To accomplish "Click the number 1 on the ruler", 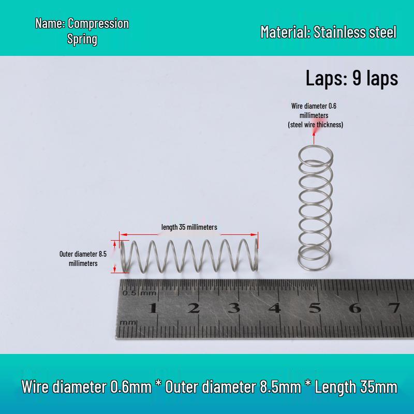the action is pos(153,308).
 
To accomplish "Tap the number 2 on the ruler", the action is pos(194,308).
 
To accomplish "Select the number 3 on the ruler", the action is pos(234,308).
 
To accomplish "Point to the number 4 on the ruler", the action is pos(275,308).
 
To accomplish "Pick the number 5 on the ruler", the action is pos(315,308).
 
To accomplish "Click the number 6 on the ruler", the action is pos(355,308).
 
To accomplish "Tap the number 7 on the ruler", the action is pos(394,308).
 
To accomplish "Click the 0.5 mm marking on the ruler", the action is pos(139,293).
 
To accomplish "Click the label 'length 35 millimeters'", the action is pos(189,227).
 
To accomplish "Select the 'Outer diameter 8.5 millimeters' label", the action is pos(83,258).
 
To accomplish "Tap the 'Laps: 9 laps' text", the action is pos(352,78).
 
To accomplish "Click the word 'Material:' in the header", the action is pos(285,32).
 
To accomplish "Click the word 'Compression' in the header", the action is pos(98,23).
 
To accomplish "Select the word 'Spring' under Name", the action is pos(82,39).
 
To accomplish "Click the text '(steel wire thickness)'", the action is pos(316,125).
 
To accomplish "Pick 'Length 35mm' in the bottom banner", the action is pos(356,387).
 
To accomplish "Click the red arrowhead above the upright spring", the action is pos(314,134).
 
